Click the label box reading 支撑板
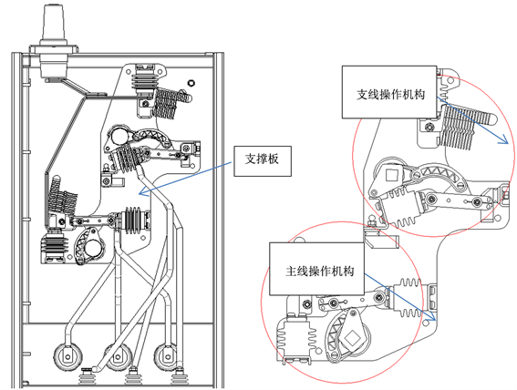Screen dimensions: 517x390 [x=263, y=161]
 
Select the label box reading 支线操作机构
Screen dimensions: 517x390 [x=389, y=92]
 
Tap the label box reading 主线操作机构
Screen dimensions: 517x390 [x=317, y=269]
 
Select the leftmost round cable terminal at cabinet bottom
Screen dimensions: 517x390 [x=68, y=356]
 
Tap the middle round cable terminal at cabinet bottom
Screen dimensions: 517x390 [x=118, y=357]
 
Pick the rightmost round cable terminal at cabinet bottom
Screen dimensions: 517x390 [x=167, y=357]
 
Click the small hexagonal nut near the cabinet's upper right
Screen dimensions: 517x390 [x=190, y=82]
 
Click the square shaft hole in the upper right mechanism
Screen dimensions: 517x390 [x=391, y=174]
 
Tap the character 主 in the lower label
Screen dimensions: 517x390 [x=291, y=272]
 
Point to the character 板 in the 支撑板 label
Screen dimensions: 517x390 [x=274, y=159]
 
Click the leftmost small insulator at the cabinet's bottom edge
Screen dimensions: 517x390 [x=87, y=377]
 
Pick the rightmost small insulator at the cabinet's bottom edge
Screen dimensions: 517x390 [x=180, y=377]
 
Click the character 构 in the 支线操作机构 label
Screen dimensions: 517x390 [x=419, y=95]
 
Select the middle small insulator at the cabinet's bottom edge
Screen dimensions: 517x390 [x=133, y=376]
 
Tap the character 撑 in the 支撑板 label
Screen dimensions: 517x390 [x=262, y=159]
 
